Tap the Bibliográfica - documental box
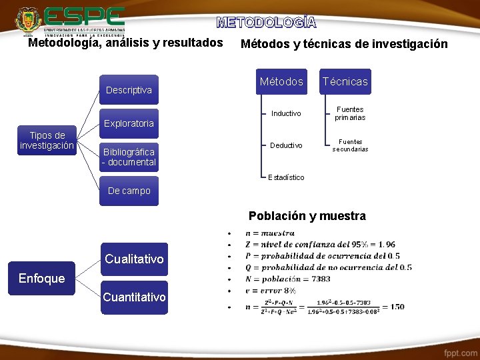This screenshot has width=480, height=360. click(x=129, y=157)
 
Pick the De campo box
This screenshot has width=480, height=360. click(x=129, y=191)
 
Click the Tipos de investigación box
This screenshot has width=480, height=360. click(x=47, y=141)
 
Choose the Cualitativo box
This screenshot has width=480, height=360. click(x=134, y=259)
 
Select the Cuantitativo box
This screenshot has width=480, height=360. click(x=134, y=297)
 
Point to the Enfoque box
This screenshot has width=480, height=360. click(x=42, y=278)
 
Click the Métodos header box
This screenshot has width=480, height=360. click(x=281, y=82)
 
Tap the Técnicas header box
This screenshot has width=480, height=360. click(x=345, y=82)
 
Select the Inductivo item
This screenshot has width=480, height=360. click(x=286, y=113)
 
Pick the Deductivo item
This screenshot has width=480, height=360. click(x=286, y=145)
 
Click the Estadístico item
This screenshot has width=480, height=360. click(x=286, y=177)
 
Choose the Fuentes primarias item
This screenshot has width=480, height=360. click(x=350, y=113)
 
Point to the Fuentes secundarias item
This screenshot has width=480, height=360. click(x=350, y=145)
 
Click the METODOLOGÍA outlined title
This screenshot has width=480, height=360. click(x=267, y=22)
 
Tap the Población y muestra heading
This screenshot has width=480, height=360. click(x=307, y=216)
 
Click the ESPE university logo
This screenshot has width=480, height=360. click(x=70, y=20)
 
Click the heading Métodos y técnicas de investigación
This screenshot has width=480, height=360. click(x=344, y=45)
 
